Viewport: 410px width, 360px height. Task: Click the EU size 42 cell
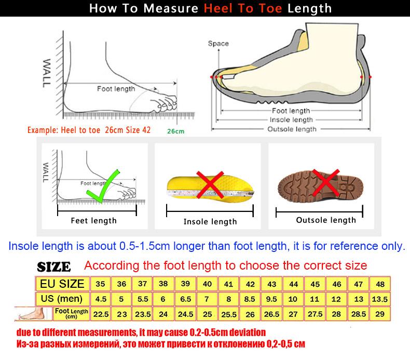pos(250,284)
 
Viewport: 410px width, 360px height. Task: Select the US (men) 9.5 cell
pos(271,299)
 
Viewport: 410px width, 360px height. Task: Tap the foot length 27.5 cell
pos(315,314)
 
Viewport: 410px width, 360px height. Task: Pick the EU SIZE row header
pos(62,284)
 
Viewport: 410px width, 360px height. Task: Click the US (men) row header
pos(62,299)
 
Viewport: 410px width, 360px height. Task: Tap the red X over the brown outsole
pos(326,183)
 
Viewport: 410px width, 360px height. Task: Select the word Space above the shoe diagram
pos(218,44)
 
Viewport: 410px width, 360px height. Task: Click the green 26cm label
pos(175,131)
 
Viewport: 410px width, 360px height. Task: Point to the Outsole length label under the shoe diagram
pos(291,129)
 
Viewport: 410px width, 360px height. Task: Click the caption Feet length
pos(94,221)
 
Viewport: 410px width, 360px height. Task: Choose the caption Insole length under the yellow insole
pos(210,222)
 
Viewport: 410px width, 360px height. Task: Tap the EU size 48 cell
pos(380,284)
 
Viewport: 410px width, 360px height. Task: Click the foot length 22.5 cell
pos(100,314)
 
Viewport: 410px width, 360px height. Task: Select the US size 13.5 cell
pos(380,299)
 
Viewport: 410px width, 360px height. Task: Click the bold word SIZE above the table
pos(54,268)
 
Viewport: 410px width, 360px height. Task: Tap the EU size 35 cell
pos(100,284)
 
